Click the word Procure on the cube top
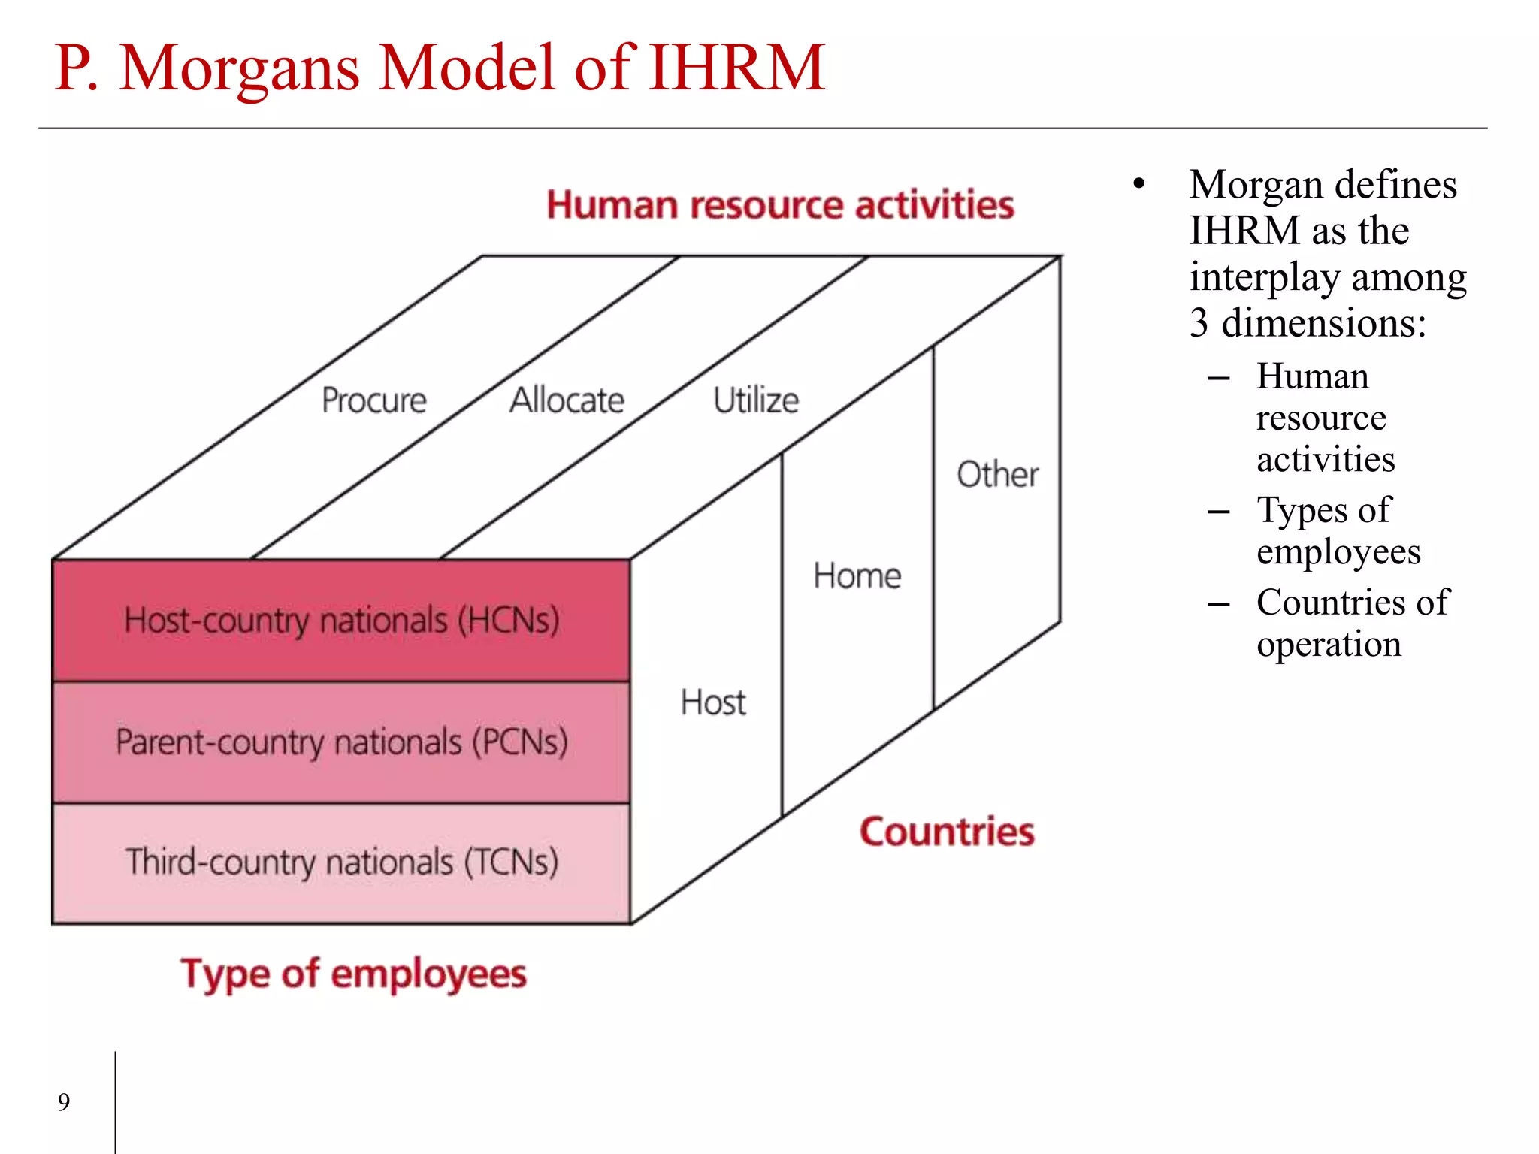pyautogui.click(x=373, y=400)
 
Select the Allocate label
pyautogui.click(x=567, y=400)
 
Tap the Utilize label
pyautogui.click(x=755, y=400)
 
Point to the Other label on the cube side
pyautogui.click(x=997, y=475)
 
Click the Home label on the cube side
pyautogui.click(x=857, y=576)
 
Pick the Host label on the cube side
pyautogui.click(x=713, y=703)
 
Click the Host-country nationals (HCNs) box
pyautogui.click(x=341, y=621)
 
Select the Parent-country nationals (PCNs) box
pyautogui.click(x=341, y=742)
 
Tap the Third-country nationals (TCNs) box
pyautogui.click(x=341, y=862)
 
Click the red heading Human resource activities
pyautogui.click(x=780, y=205)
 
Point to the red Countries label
pyautogui.click(x=947, y=832)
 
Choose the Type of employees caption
pyautogui.click(x=353, y=974)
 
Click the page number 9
pyautogui.click(x=64, y=1102)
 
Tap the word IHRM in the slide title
pyautogui.click(x=736, y=68)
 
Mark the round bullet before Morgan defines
pyautogui.click(x=1139, y=184)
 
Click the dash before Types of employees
pyautogui.click(x=1218, y=512)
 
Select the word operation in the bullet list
pyautogui.click(x=1329, y=645)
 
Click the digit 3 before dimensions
pyautogui.click(x=1199, y=323)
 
